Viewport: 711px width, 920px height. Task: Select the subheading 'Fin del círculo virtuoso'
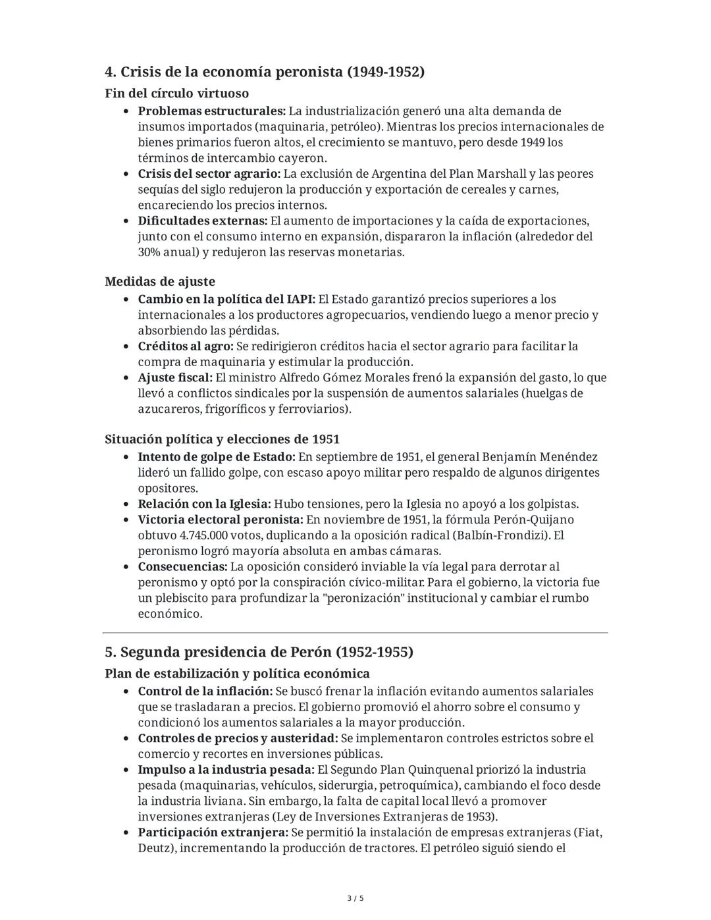[176, 93]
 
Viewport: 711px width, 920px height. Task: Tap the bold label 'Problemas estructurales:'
[211, 111]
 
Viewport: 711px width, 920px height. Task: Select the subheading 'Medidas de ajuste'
[160, 281]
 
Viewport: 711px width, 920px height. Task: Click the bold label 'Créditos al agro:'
[185, 346]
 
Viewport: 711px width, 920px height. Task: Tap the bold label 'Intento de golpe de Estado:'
[217, 457]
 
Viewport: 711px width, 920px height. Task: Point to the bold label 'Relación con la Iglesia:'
[204, 504]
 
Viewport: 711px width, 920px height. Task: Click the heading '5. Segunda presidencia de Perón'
[259, 652]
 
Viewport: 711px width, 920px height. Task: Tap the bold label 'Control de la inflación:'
[205, 691]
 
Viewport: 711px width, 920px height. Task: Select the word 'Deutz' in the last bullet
[155, 848]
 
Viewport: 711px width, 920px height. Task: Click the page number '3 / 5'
[355, 898]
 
